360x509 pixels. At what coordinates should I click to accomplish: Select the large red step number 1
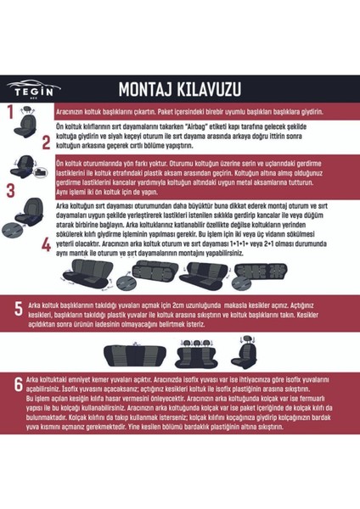pos(10,111)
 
